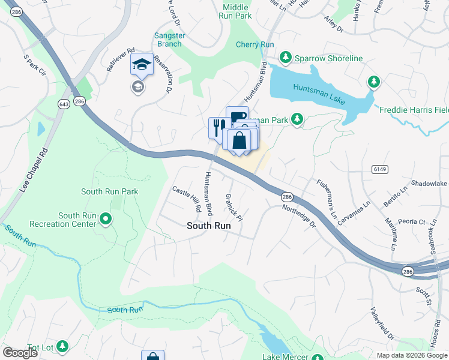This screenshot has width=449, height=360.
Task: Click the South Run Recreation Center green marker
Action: pyautogui.click(x=106, y=219)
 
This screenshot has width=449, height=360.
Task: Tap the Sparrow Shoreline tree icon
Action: pyautogui.click(x=286, y=58)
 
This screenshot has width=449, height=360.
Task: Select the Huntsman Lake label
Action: pyautogui.click(x=319, y=93)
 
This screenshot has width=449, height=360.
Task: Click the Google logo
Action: pyautogui.click(x=20, y=353)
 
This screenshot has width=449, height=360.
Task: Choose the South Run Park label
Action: pyautogui.click(x=110, y=192)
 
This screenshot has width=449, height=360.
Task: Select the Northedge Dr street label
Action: pyautogui.click(x=299, y=216)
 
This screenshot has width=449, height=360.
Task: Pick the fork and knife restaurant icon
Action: pyautogui.click(x=218, y=127)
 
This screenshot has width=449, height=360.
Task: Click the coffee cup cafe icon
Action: pyautogui.click(x=237, y=115)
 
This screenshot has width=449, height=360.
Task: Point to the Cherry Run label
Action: pyautogui.click(x=255, y=44)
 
